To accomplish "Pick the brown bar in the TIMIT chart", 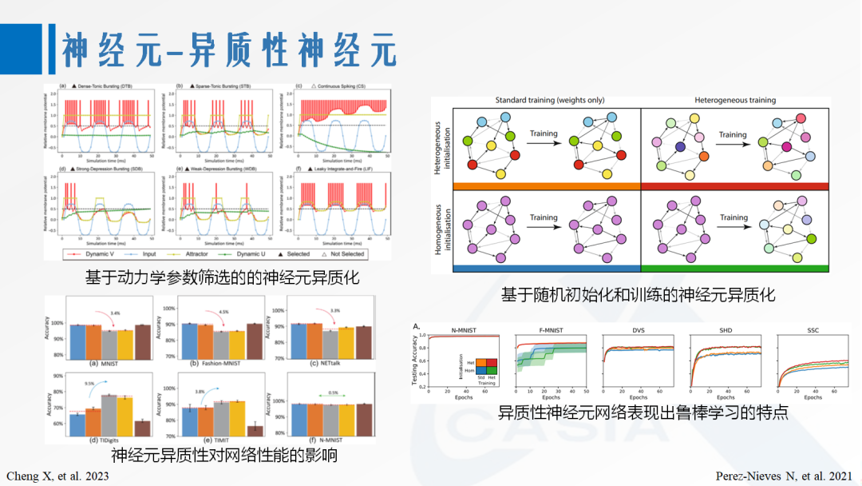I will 255,431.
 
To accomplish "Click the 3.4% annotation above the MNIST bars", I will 115,313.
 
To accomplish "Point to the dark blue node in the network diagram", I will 679,147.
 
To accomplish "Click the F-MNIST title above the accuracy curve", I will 551,329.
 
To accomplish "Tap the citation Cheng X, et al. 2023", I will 57,475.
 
